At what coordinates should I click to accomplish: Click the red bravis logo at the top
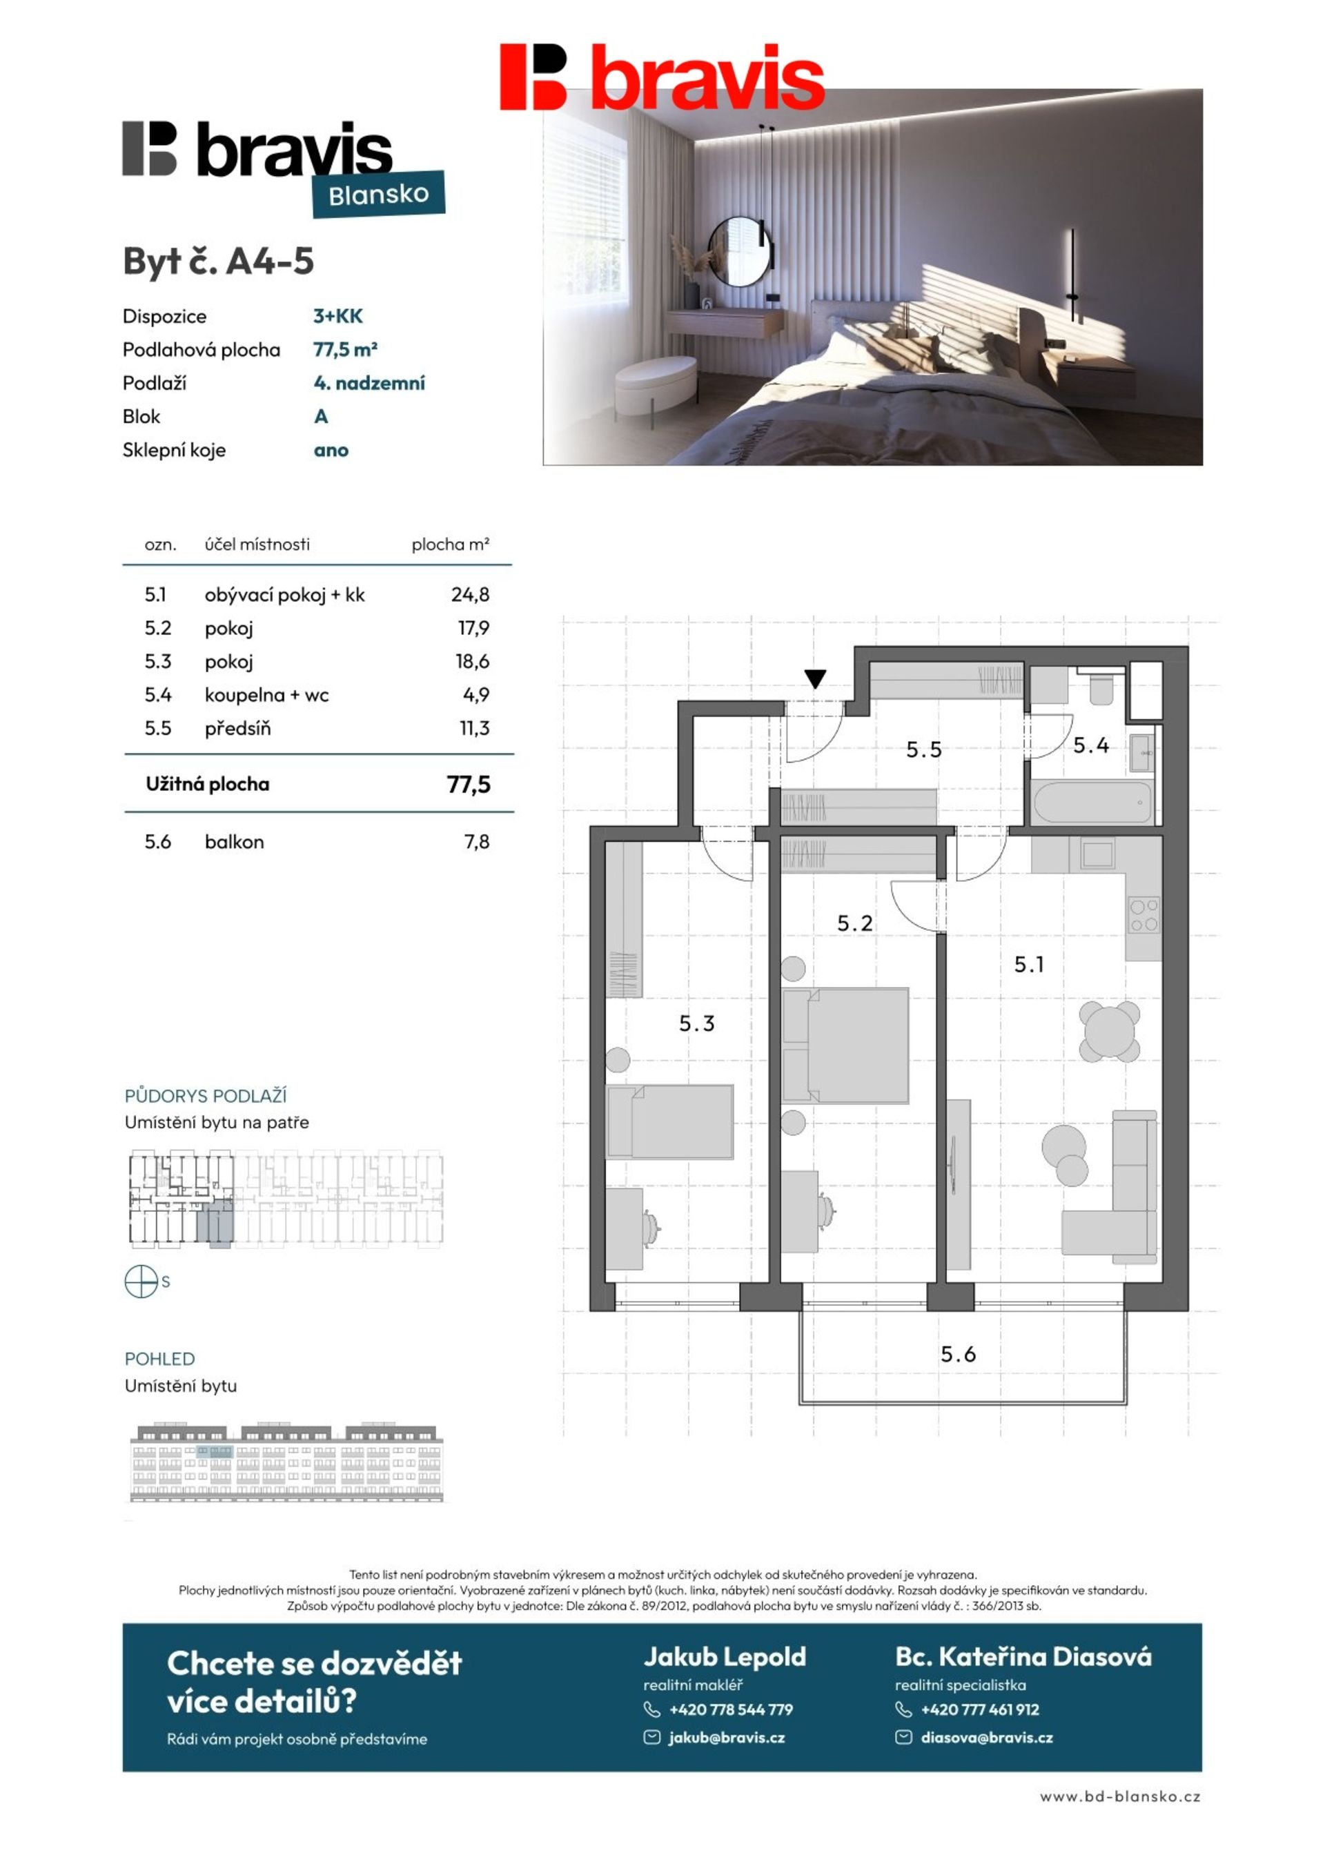coord(662,76)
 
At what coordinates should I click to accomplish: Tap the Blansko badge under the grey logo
coord(378,195)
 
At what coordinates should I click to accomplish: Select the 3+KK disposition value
coord(337,316)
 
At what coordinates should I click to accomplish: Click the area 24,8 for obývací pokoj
coord(470,594)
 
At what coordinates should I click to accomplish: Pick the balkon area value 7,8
coord(476,842)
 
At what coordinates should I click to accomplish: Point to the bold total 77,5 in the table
coord(468,785)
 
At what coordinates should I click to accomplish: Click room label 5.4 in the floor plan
coord(1090,745)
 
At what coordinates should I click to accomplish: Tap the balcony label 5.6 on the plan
coord(959,1355)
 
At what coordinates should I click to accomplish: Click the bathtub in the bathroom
coord(1093,801)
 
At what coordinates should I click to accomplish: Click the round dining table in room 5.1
coord(1108,1032)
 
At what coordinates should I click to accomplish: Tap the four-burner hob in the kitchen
coord(1144,914)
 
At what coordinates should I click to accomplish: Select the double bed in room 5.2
coord(845,1046)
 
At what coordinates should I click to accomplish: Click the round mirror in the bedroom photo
coord(739,251)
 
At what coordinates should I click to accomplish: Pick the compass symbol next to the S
coord(141,1281)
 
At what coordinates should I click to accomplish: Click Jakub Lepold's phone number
coord(730,1709)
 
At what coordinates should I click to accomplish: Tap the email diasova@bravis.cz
coord(987,1737)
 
